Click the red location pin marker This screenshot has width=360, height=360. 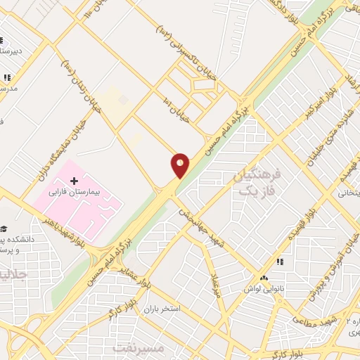click(180, 165)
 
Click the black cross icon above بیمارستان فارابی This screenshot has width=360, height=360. click(75, 172)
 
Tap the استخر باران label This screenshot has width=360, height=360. click(162, 309)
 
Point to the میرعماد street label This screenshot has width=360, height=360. click(216, 284)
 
